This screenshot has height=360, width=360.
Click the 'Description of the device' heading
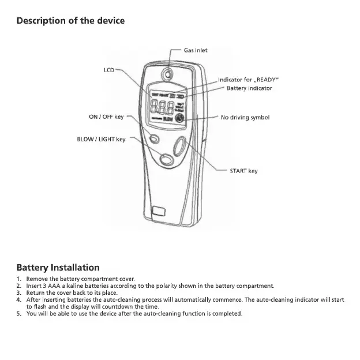tap(70, 21)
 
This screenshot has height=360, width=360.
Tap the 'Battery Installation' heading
tap(58, 267)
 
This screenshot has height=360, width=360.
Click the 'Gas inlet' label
tap(196, 50)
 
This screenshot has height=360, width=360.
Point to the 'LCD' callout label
tap(109, 70)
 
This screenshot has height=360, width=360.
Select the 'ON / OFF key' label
tap(106, 117)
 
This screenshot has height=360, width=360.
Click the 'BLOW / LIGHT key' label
tap(101, 139)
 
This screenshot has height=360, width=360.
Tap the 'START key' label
tap(243, 171)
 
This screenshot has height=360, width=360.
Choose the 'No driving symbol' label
tap(245, 117)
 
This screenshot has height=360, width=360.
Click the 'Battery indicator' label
tap(249, 88)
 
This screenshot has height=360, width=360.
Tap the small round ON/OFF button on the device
tap(154, 139)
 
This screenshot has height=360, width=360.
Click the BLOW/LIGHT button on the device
tap(166, 158)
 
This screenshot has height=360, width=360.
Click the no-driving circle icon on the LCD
tap(179, 119)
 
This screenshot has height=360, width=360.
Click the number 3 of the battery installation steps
tap(19, 292)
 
